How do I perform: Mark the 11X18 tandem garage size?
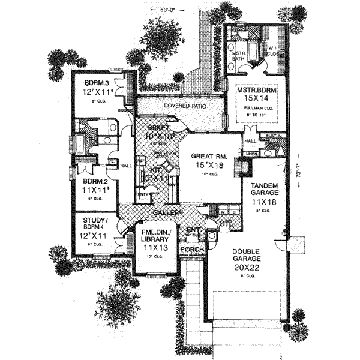[x=261, y=203]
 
